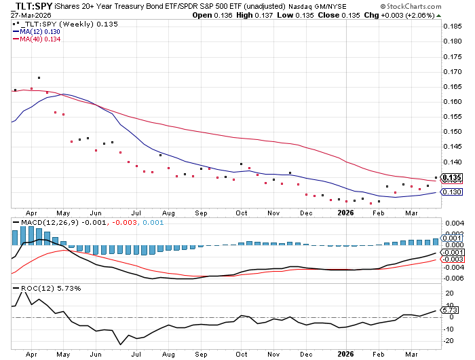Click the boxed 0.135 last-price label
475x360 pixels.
pos(452,178)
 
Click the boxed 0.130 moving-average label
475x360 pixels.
pos(452,192)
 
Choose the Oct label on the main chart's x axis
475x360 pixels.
pos(242,213)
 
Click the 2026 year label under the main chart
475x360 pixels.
pos(347,213)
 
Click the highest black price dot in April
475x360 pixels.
pos(39,78)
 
